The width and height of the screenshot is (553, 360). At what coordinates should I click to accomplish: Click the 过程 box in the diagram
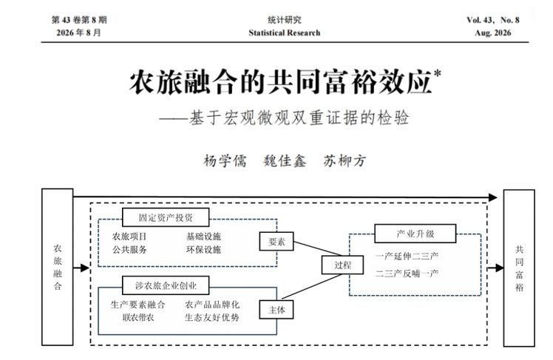coord(342,265)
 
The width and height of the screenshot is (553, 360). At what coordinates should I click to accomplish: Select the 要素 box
coord(276,241)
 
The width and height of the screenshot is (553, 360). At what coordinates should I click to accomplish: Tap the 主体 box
coord(276,310)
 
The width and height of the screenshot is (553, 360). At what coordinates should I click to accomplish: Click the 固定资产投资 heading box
coord(166,217)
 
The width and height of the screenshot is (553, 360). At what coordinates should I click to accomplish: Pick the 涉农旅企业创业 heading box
coord(166,285)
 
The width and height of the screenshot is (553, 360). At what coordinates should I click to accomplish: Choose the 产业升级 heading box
coord(415,234)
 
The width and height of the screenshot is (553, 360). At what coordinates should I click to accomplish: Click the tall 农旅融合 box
coord(58,267)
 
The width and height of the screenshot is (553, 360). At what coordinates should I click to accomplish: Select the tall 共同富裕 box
coord(519,268)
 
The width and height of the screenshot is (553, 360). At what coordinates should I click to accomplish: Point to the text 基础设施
coord(203,237)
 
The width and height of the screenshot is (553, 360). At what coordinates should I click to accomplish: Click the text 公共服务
coord(129,250)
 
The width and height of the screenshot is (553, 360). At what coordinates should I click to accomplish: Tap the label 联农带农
coord(138,317)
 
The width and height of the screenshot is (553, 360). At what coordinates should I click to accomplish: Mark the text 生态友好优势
coord(212,317)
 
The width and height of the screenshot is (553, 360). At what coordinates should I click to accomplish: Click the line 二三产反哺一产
coord(407,274)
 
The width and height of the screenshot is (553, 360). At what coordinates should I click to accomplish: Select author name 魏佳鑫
coord(285,161)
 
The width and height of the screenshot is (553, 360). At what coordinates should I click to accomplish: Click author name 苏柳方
coord(345,161)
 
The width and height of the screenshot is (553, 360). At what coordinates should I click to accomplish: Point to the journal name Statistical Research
coord(284,33)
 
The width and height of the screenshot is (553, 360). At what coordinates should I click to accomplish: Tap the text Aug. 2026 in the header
coord(492,33)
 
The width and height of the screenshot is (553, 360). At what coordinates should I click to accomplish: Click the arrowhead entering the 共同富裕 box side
coord(499,268)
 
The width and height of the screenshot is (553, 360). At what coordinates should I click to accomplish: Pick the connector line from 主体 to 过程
coord(313,286)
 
